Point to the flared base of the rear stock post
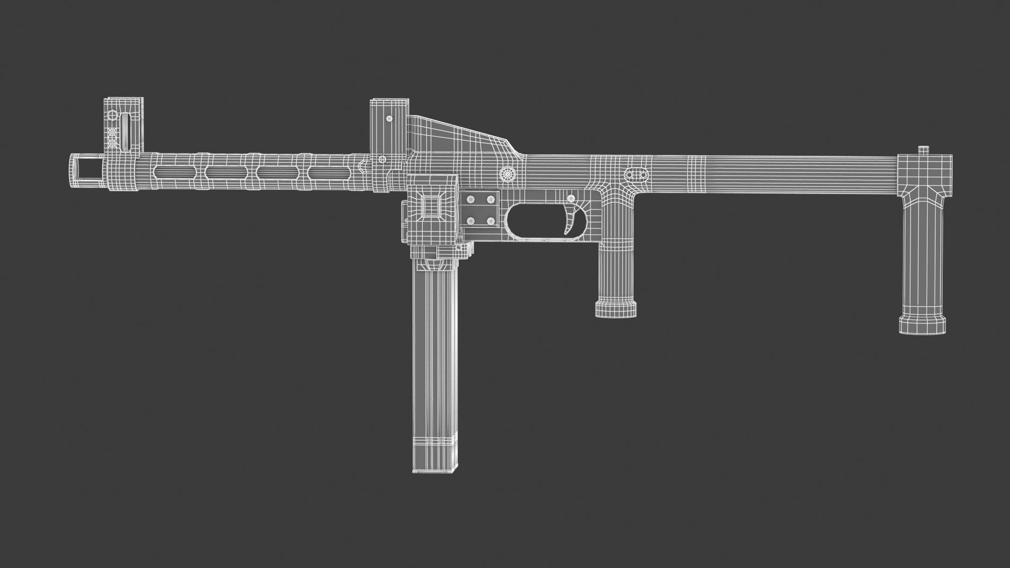click(923, 325)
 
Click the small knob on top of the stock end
click(924, 151)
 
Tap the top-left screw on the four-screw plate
click(471, 198)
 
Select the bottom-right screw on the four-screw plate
click(491, 221)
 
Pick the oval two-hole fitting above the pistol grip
click(636, 175)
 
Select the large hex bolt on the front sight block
click(112, 115)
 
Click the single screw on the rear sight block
click(389, 118)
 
